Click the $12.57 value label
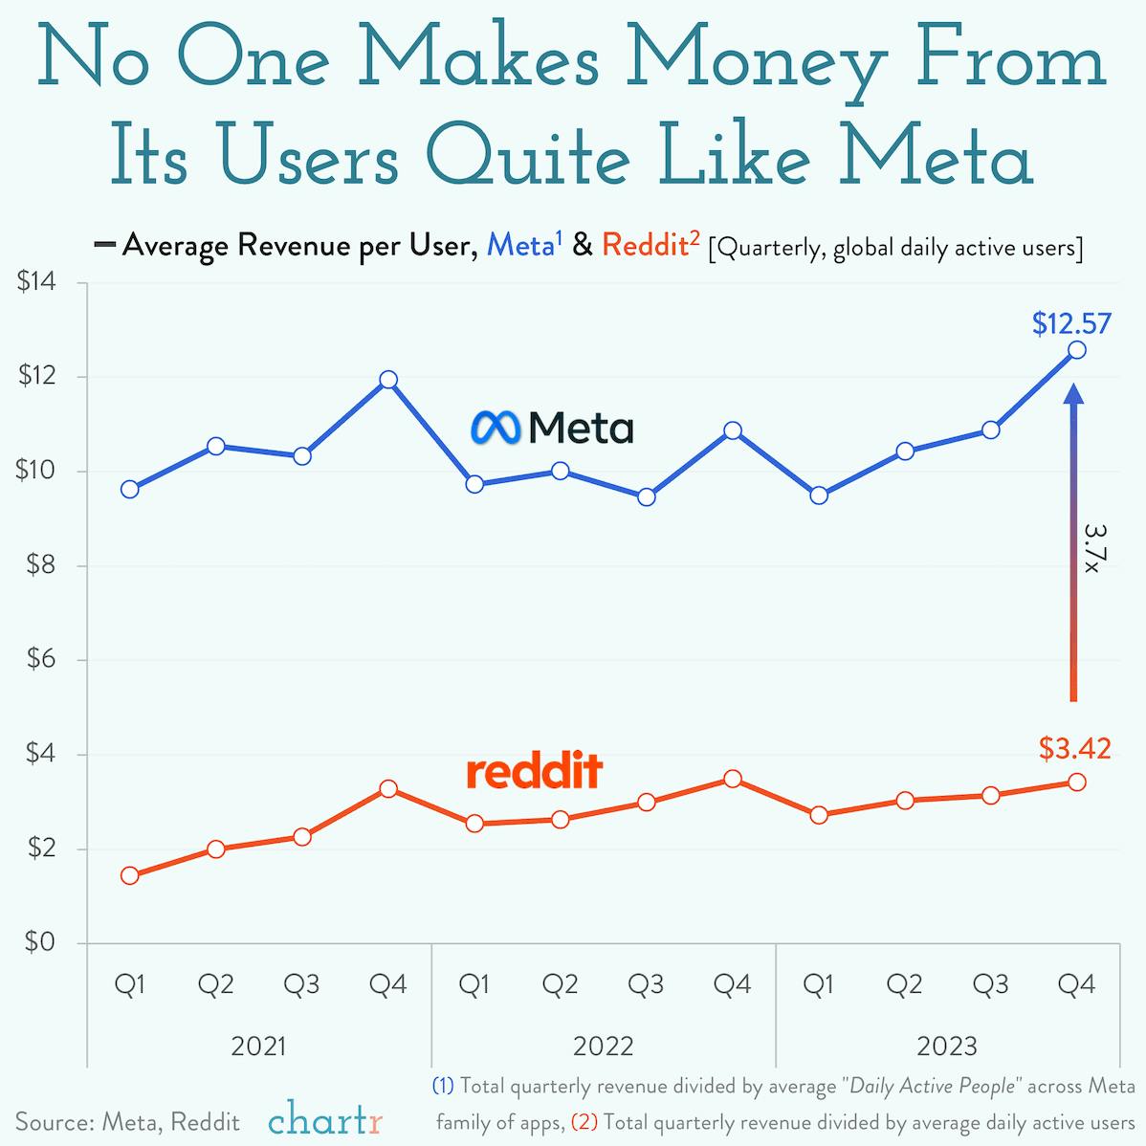tap(1071, 324)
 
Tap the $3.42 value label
tap(1075, 748)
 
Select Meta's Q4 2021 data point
tap(388, 380)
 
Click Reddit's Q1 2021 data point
tap(130, 875)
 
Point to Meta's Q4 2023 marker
tap(1076, 350)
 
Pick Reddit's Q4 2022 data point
tap(732, 779)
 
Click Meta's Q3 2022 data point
tap(646, 496)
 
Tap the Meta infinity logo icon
tap(495, 428)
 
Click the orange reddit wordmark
tap(534, 771)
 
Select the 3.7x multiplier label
tap(1092, 547)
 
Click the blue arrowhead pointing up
tap(1073, 395)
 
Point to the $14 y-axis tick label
tap(38, 283)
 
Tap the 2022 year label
tap(603, 1046)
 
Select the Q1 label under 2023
tap(818, 984)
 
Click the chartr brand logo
tap(325, 1119)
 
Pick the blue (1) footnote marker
tap(443, 1086)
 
